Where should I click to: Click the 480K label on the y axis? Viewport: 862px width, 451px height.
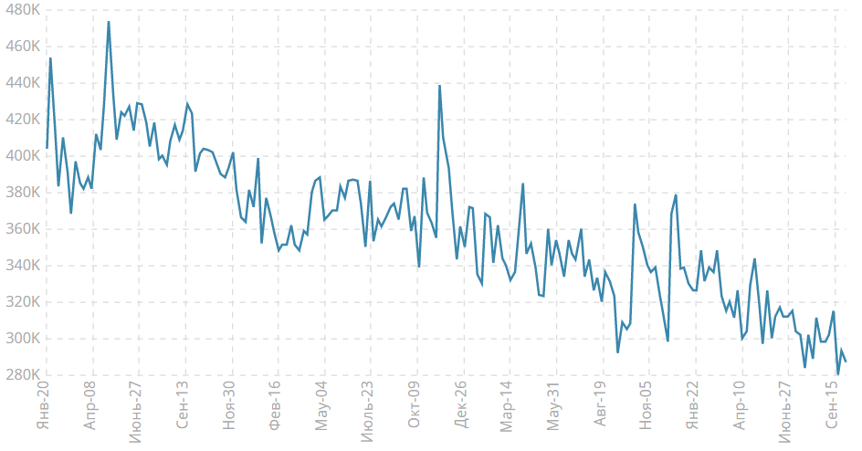point(21,9)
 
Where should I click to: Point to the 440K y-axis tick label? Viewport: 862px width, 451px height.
point(21,82)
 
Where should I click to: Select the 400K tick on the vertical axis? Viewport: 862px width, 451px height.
point(21,156)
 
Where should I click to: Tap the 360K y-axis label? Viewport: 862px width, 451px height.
point(21,229)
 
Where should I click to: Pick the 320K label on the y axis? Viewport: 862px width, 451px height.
point(21,302)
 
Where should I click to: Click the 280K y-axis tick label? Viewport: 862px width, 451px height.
point(21,375)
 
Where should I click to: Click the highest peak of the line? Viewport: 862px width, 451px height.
point(109,22)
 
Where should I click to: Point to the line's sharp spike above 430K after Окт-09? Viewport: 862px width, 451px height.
point(439,86)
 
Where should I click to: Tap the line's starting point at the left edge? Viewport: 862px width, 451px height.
point(47,148)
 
